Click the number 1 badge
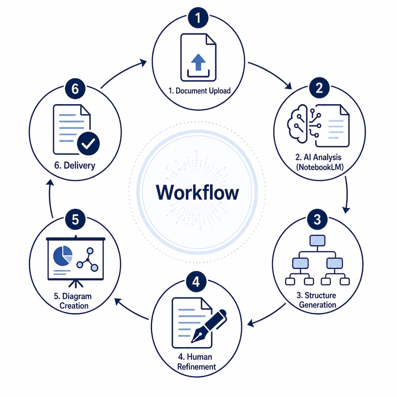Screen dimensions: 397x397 (198, 18)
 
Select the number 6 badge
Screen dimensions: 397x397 (75, 89)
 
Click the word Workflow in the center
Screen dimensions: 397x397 (198, 193)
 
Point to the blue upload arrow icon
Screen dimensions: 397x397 (198, 62)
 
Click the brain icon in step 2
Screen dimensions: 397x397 (297, 124)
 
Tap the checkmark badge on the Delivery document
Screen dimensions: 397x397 (88, 144)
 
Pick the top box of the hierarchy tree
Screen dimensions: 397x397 (318, 240)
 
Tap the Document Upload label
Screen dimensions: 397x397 (199, 91)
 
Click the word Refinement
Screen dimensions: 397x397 (197, 367)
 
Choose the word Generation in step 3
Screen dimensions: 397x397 (318, 305)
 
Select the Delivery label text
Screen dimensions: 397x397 (75, 165)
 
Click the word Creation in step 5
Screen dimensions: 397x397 (74, 306)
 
